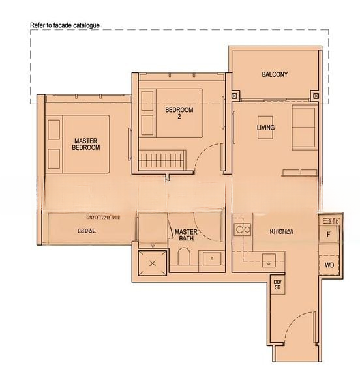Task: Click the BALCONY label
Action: coord(275,74)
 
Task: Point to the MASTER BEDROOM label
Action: coord(86,144)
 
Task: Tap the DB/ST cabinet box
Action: coord(277,284)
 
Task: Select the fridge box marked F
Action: coord(329,233)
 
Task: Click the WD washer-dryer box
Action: coord(329,265)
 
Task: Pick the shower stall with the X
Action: coord(152,263)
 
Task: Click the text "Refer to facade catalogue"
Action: coord(65,25)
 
